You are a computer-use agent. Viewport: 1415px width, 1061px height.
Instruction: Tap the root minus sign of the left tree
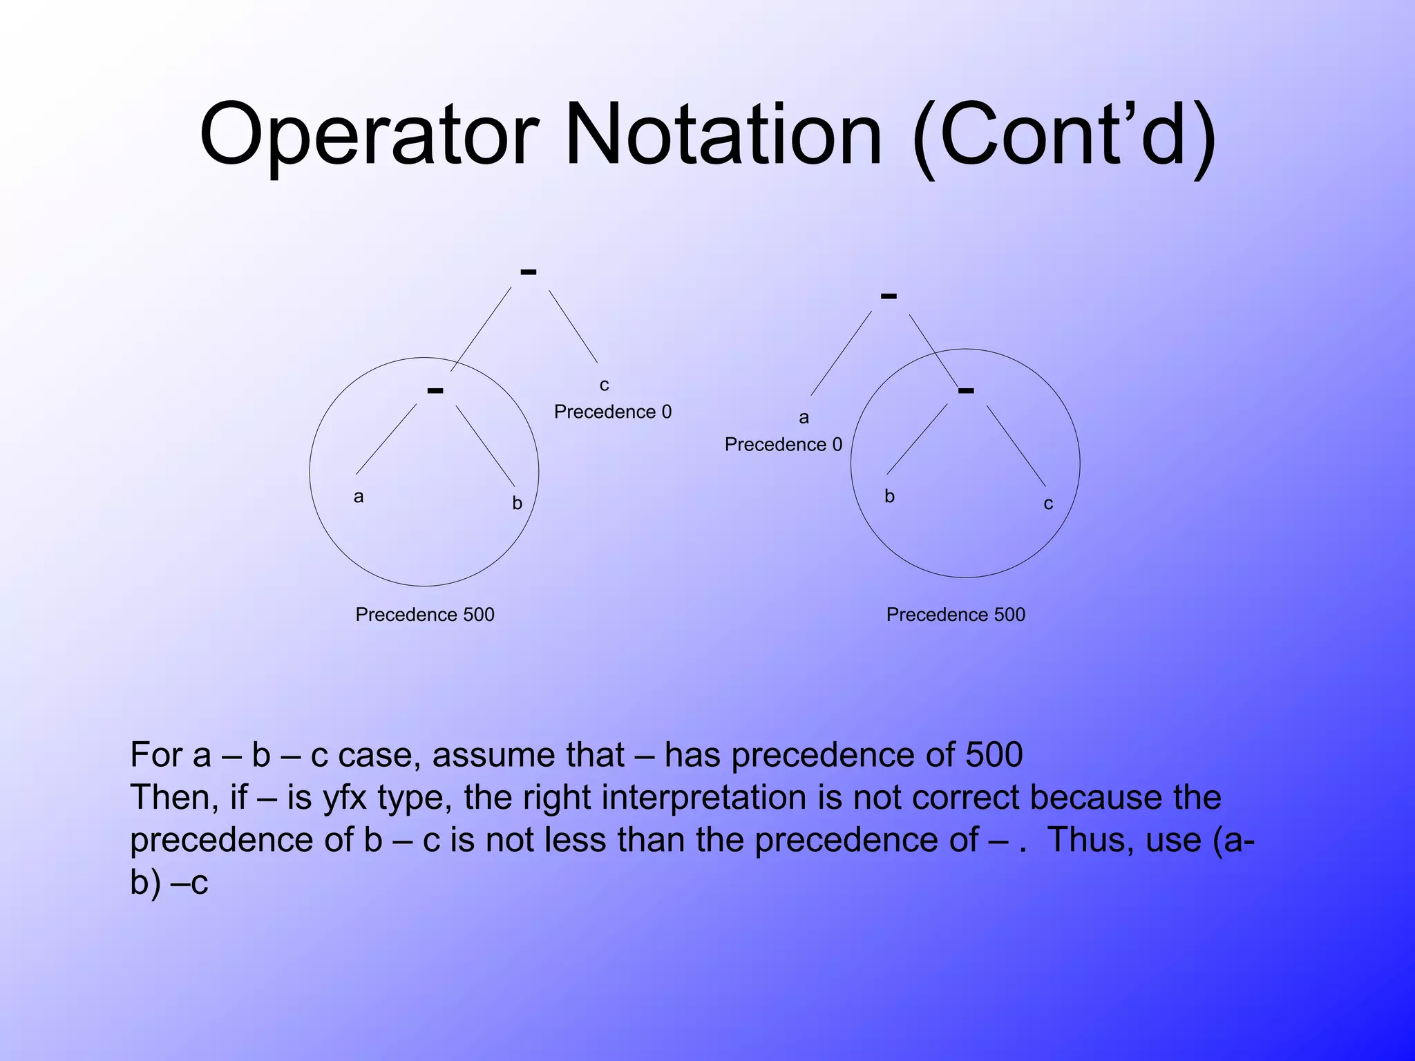[529, 272]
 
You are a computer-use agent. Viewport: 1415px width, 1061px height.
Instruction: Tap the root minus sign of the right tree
[889, 296]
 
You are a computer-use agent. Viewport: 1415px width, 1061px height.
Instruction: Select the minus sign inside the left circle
[435, 390]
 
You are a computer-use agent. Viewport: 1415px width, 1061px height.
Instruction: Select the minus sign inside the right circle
[966, 390]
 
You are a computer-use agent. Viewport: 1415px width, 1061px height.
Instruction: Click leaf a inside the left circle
[359, 497]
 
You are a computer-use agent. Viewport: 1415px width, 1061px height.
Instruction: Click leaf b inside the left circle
[517, 504]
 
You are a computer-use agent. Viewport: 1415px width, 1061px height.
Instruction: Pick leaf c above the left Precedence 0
[605, 385]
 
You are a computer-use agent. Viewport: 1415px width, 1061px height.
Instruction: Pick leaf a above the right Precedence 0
[804, 418]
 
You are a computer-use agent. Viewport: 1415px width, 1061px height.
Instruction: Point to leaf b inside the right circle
[890, 496]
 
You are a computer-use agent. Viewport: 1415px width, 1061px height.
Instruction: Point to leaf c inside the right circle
[1048, 504]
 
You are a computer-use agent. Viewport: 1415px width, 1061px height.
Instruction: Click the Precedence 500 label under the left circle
[425, 615]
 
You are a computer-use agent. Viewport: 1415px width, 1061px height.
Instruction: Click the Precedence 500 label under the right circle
[956, 615]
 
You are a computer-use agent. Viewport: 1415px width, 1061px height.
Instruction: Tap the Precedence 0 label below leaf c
[612, 412]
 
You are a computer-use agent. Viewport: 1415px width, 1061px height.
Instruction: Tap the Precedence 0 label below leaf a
[784, 445]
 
